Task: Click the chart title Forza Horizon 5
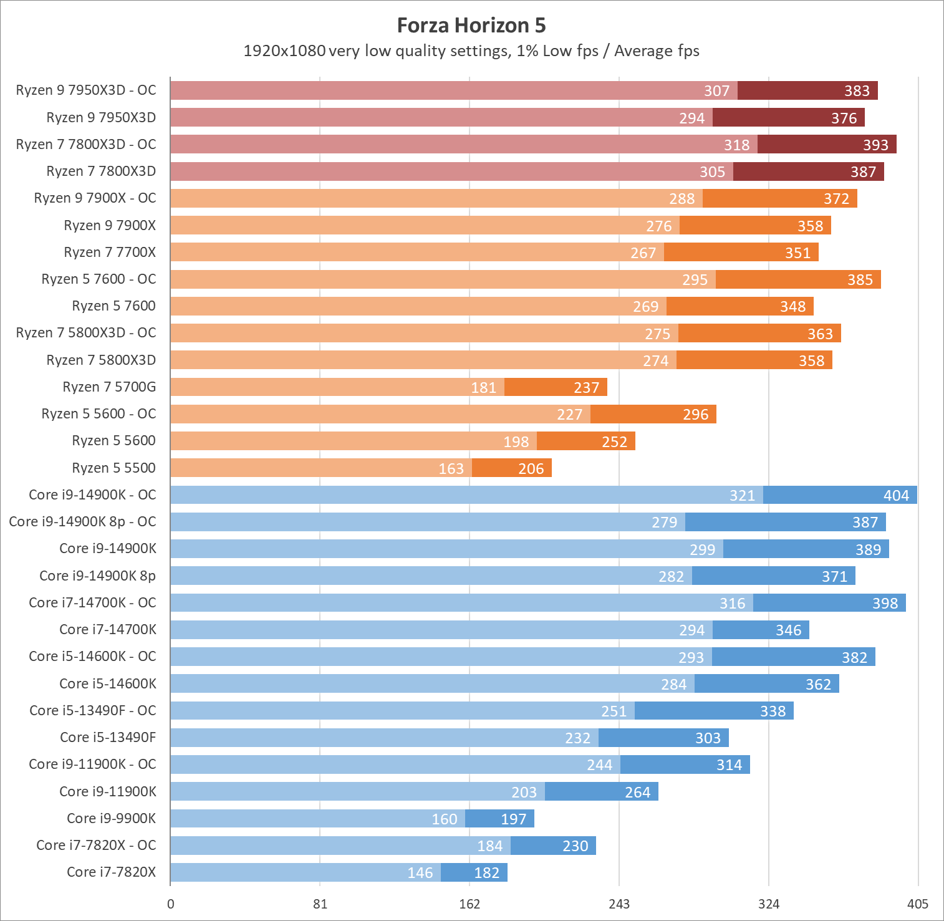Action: tap(471, 26)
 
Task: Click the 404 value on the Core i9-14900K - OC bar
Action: tap(896, 496)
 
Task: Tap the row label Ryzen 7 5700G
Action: tap(109, 387)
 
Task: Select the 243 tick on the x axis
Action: tap(619, 904)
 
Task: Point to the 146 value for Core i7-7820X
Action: tap(420, 873)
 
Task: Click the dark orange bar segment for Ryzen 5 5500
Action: tap(511, 468)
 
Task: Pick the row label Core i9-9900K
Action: tap(111, 819)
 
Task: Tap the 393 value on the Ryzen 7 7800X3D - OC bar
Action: tap(875, 145)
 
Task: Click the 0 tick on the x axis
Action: tap(171, 904)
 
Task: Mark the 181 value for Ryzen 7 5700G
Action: tap(483, 388)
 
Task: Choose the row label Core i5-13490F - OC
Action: tap(93, 711)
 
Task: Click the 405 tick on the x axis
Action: tap(918, 904)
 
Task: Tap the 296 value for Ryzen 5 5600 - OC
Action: tap(695, 415)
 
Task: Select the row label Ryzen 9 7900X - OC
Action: tap(95, 198)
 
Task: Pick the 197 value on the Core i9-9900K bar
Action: tap(513, 819)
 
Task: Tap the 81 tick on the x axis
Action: tap(320, 904)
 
